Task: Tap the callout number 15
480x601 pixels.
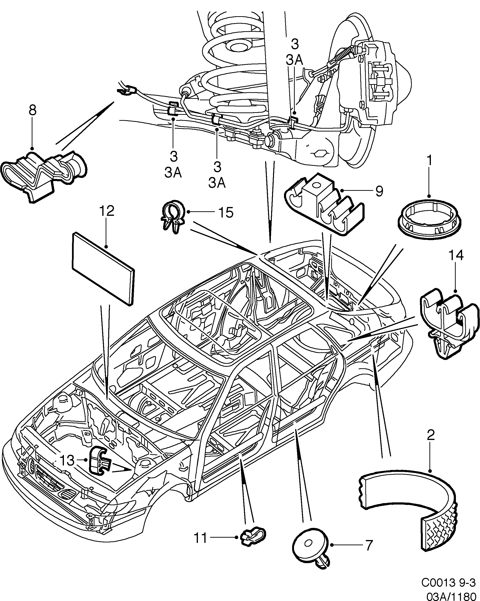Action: pyautogui.click(x=226, y=213)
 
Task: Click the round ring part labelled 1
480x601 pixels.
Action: pyautogui.click(x=429, y=217)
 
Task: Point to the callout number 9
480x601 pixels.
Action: pyautogui.click(x=379, y=191)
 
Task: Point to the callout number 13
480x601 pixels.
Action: pyautogui.click(x=67, y=460)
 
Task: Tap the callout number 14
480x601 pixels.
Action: pyautogui.click(x=456, y=256)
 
